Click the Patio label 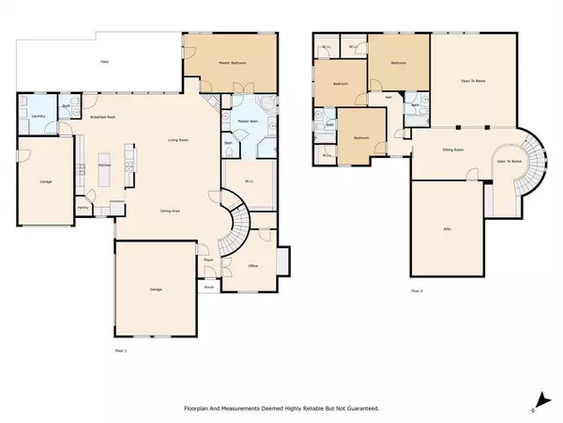tap(105, 62)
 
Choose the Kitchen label tap(106, 164)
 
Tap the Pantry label tap(83, 210)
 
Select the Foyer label tap(210, 257)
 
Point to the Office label tap(253, 266)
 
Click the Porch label tap(208, 287)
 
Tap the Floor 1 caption tap(119, 350)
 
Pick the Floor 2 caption tap(417, 292)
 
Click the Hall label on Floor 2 tap(386, 97)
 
